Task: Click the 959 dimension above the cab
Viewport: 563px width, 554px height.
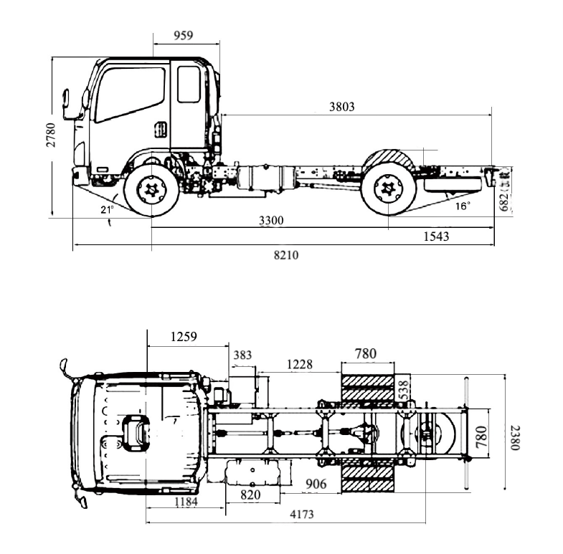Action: click(x=183, y=34)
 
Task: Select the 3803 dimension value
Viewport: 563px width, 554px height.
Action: click(x=341, y=107)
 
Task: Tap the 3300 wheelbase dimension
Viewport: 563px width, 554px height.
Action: click(x=270, y=221)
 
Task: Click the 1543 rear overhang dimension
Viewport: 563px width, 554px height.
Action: click(x=436, y=237)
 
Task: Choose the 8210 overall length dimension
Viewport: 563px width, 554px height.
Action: click(x=285, y=255)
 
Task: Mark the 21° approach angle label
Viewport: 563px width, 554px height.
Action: click(x=107, y=209)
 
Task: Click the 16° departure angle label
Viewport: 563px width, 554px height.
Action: click(x=463, y=206)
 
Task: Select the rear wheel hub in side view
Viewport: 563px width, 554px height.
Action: click(x=388, y=188)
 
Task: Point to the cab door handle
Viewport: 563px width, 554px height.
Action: click(x=161, y=130)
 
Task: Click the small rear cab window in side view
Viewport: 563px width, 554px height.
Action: click(x=189, y=85)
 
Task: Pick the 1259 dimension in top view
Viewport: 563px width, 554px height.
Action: click(x=184, y=336)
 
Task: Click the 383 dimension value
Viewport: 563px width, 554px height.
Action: click(x=243, y=355)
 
